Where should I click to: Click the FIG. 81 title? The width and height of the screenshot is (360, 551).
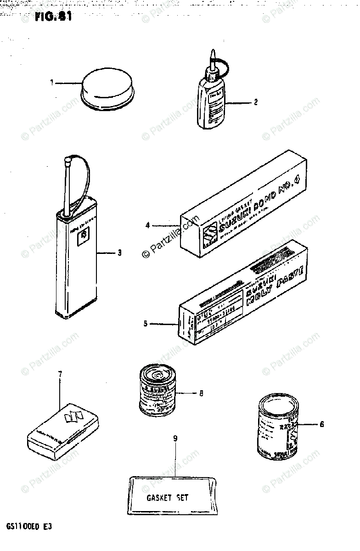(53, 17)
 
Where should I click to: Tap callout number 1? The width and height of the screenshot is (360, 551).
(52, 83)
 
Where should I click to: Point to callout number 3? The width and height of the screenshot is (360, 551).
(119, 252)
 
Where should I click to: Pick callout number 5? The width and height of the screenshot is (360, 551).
(146, 324)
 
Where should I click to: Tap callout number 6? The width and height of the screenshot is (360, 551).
(321, 424)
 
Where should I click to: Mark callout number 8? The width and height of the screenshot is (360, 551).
(201, 393)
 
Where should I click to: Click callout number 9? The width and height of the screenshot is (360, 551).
(175, 438)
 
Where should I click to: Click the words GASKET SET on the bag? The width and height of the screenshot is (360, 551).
(167, 497)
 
